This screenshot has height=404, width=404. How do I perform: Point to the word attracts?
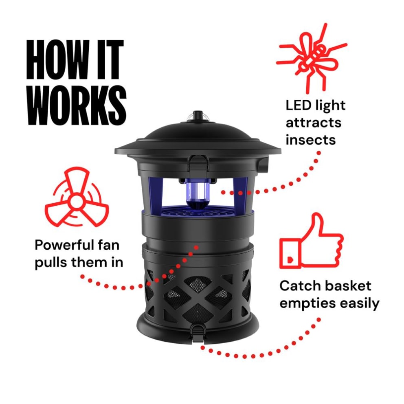(313, 122)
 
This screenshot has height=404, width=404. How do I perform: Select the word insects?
(310, 139)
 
